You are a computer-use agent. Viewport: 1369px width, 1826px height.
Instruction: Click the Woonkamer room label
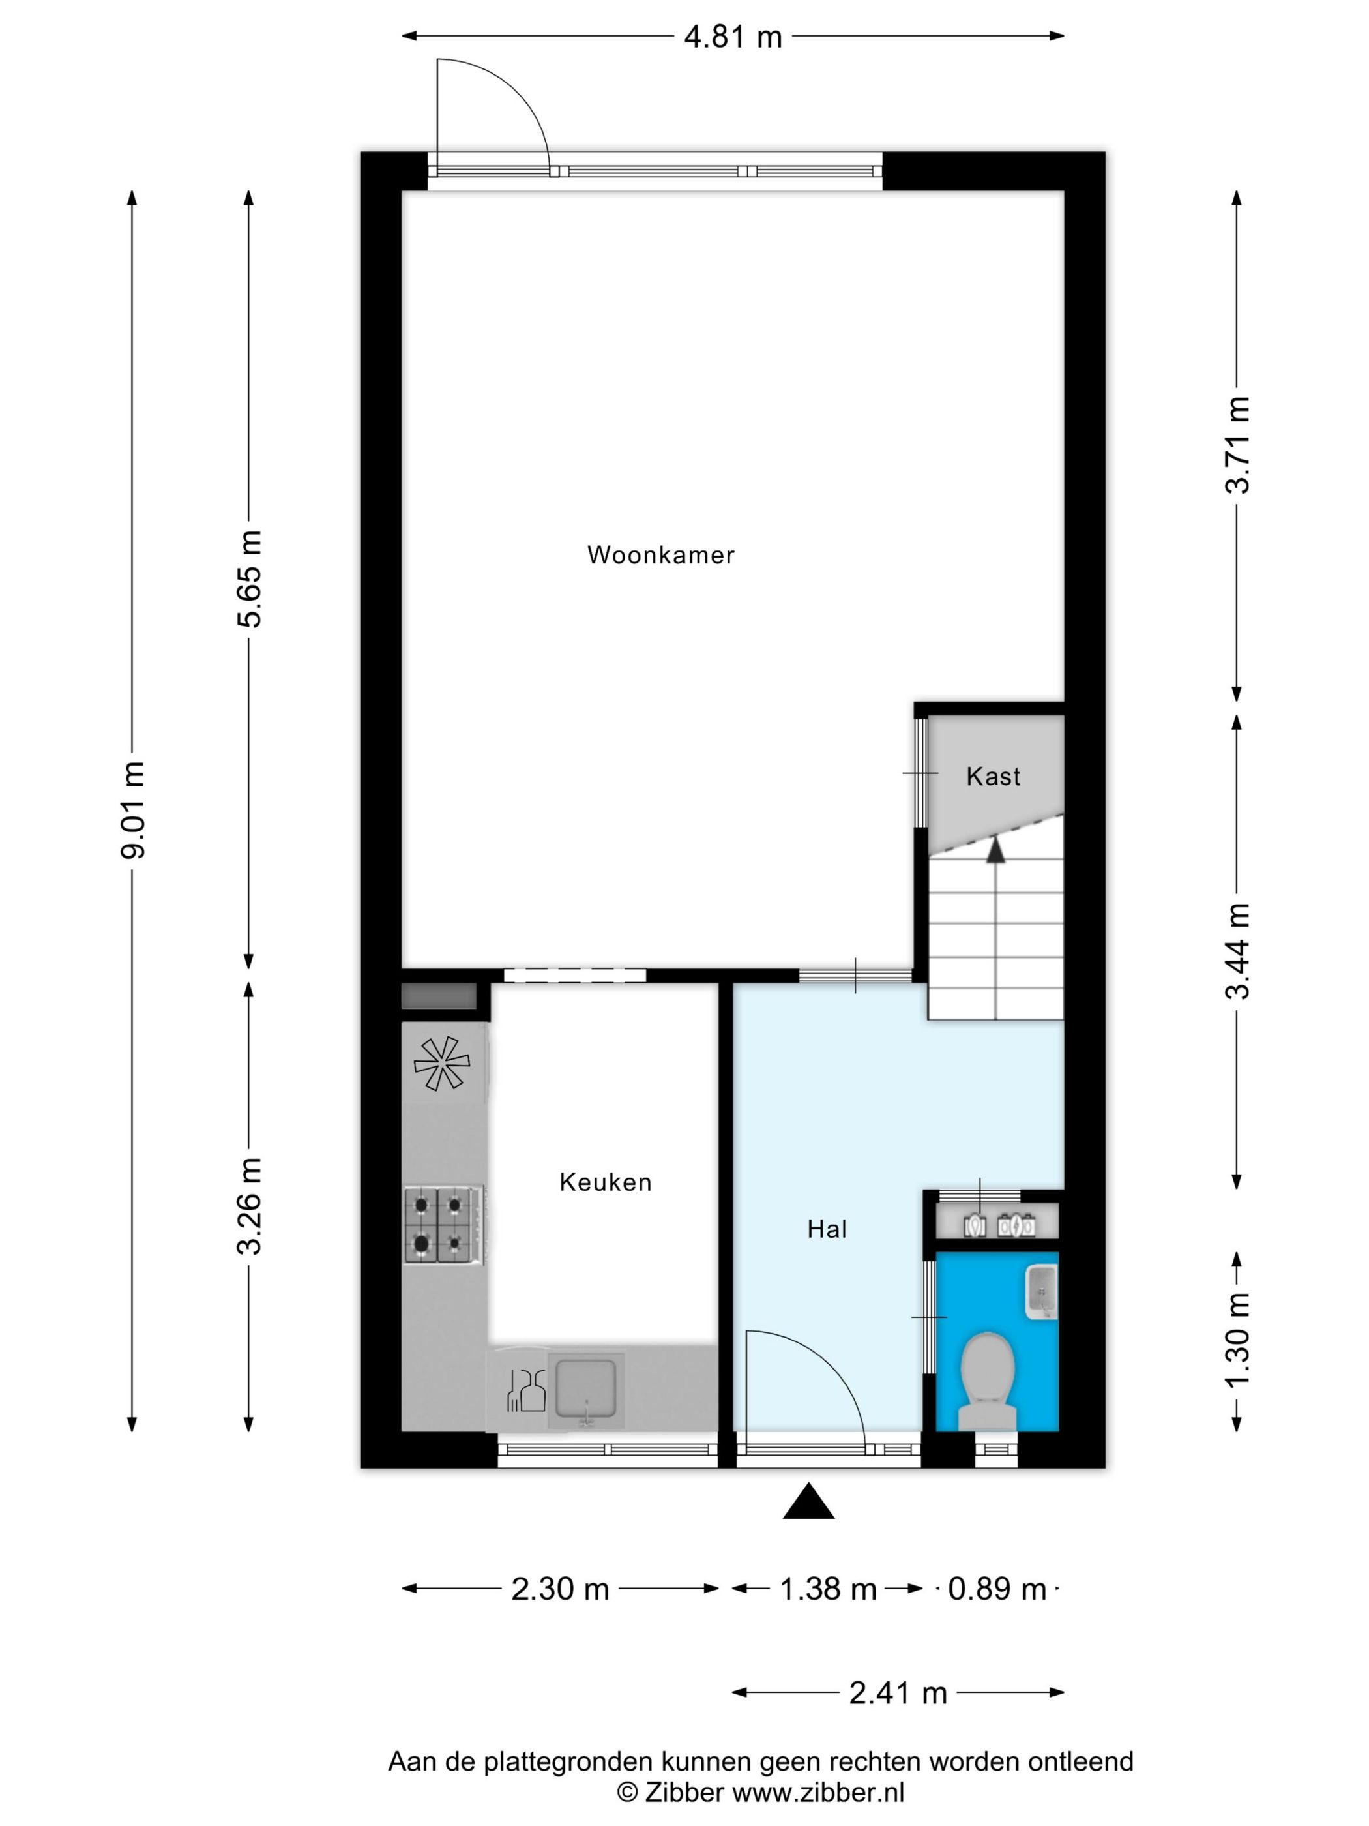[x=660, y=555]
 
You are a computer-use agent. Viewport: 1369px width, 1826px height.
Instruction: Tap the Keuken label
[x=605, y=1182]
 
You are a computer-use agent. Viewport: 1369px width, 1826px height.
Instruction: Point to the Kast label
[x=993, y=776]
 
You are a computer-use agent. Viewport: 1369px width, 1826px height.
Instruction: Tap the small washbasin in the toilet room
[x=1040, y=1291]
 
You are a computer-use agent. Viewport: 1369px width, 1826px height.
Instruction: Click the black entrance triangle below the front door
[x=808, y=1500]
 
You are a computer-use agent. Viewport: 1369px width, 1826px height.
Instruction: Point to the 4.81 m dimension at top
[x=732, y=37]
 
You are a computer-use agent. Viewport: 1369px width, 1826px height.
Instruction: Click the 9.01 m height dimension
[x=133, y=810]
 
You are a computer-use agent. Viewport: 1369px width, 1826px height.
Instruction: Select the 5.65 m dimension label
[x=249, y=578]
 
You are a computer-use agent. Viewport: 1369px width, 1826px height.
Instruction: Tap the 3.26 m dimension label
[x=249, y=1206]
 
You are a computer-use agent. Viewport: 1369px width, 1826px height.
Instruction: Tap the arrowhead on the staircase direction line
[x=997, y=848]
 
